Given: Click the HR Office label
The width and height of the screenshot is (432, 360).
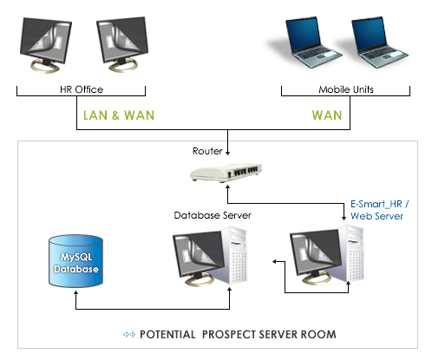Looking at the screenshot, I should click(81, 90).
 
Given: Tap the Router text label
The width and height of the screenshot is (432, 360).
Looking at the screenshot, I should click(207, 151).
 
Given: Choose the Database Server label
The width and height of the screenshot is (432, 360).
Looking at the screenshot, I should click(207, 214).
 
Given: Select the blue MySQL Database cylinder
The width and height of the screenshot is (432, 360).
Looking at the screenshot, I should click(74, 261).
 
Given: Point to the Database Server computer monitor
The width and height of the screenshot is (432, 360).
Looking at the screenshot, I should click(197, 256).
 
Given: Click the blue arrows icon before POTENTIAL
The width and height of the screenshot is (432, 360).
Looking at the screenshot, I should click(130, 334).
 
